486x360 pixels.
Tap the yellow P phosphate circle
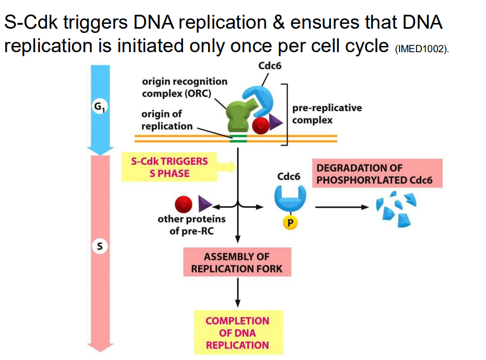290,223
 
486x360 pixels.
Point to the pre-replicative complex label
326,114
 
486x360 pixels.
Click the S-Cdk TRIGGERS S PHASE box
169,167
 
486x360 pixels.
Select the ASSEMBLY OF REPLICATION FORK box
237,262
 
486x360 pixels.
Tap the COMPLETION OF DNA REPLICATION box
237,332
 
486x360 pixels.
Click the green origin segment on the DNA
239,138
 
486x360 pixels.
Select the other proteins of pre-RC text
191,224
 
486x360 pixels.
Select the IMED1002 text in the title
422,50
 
